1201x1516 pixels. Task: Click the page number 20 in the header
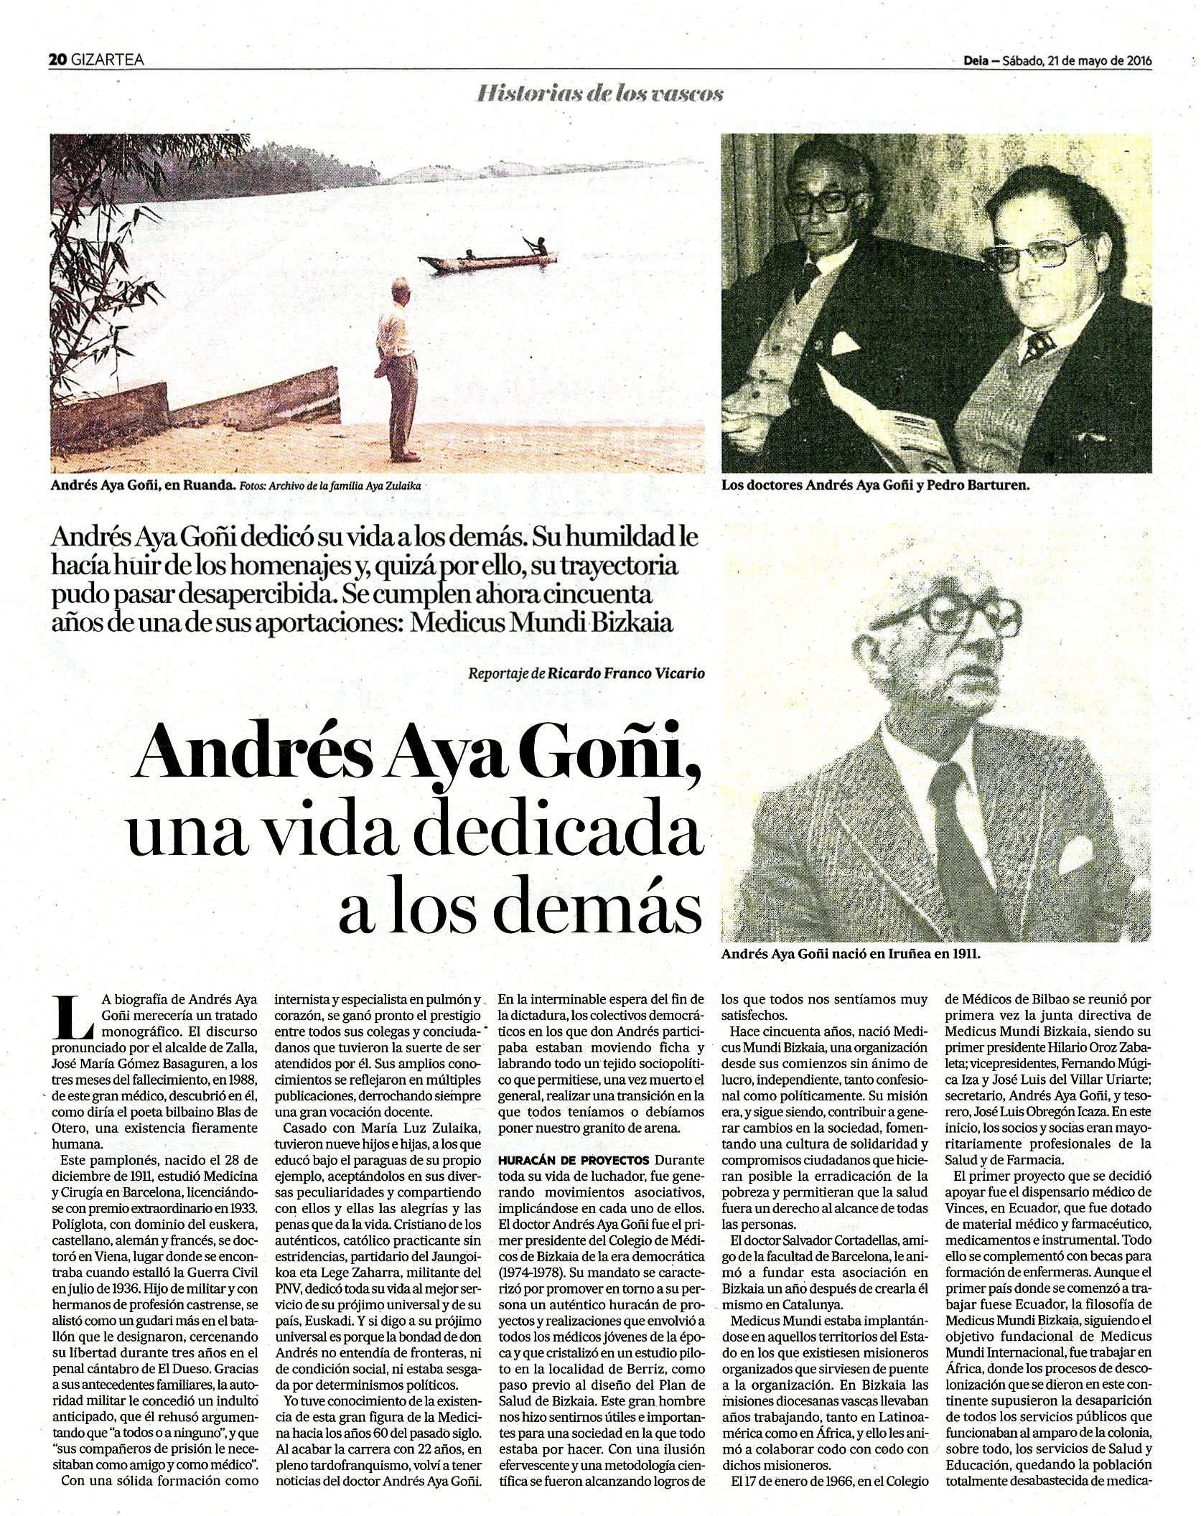pos(57,60)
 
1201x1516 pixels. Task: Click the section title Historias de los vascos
pos(599,93)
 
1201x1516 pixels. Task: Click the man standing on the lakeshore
pos(397,370)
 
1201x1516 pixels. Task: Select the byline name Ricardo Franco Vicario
pos(616,673)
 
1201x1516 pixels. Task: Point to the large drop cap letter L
pos(75,1018)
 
